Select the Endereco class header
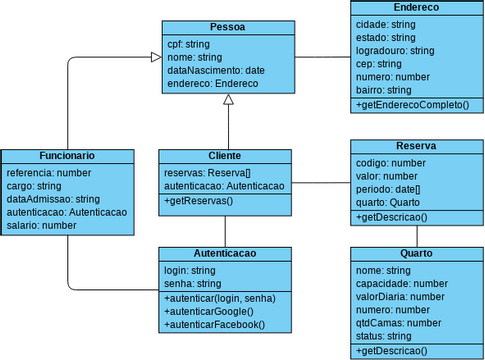(x=416, y=7)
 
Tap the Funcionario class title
(x=67, y=157)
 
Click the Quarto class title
(x=416, y=254)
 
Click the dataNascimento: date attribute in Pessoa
(x=215, y=71)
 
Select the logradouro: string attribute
(x=394, y=50)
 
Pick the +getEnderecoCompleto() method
(x=412, y=105)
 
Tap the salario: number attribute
(x=41, y=226)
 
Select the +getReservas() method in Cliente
(x=198, y=202)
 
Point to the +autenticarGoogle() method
(x=211, y=312)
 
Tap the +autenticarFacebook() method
(x=216, y=325)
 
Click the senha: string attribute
(x=193, y=284)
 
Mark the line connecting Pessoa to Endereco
(x=321, y=56)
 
